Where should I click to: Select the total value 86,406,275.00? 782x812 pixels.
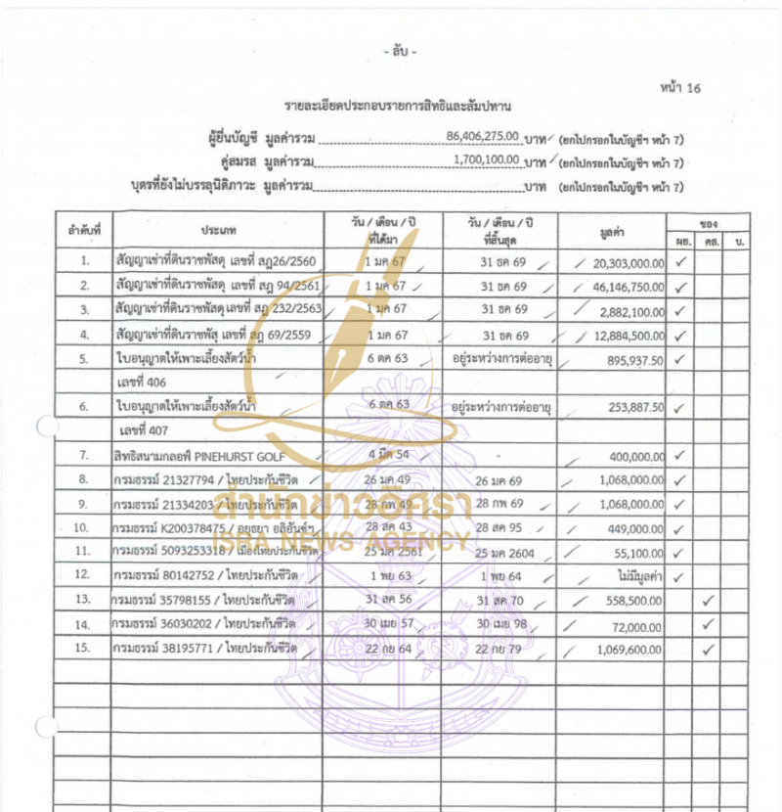(482, 137)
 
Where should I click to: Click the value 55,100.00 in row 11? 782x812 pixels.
(642, 552)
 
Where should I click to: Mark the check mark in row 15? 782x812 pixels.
(709, 649)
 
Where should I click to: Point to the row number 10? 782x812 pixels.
(84, 528)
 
